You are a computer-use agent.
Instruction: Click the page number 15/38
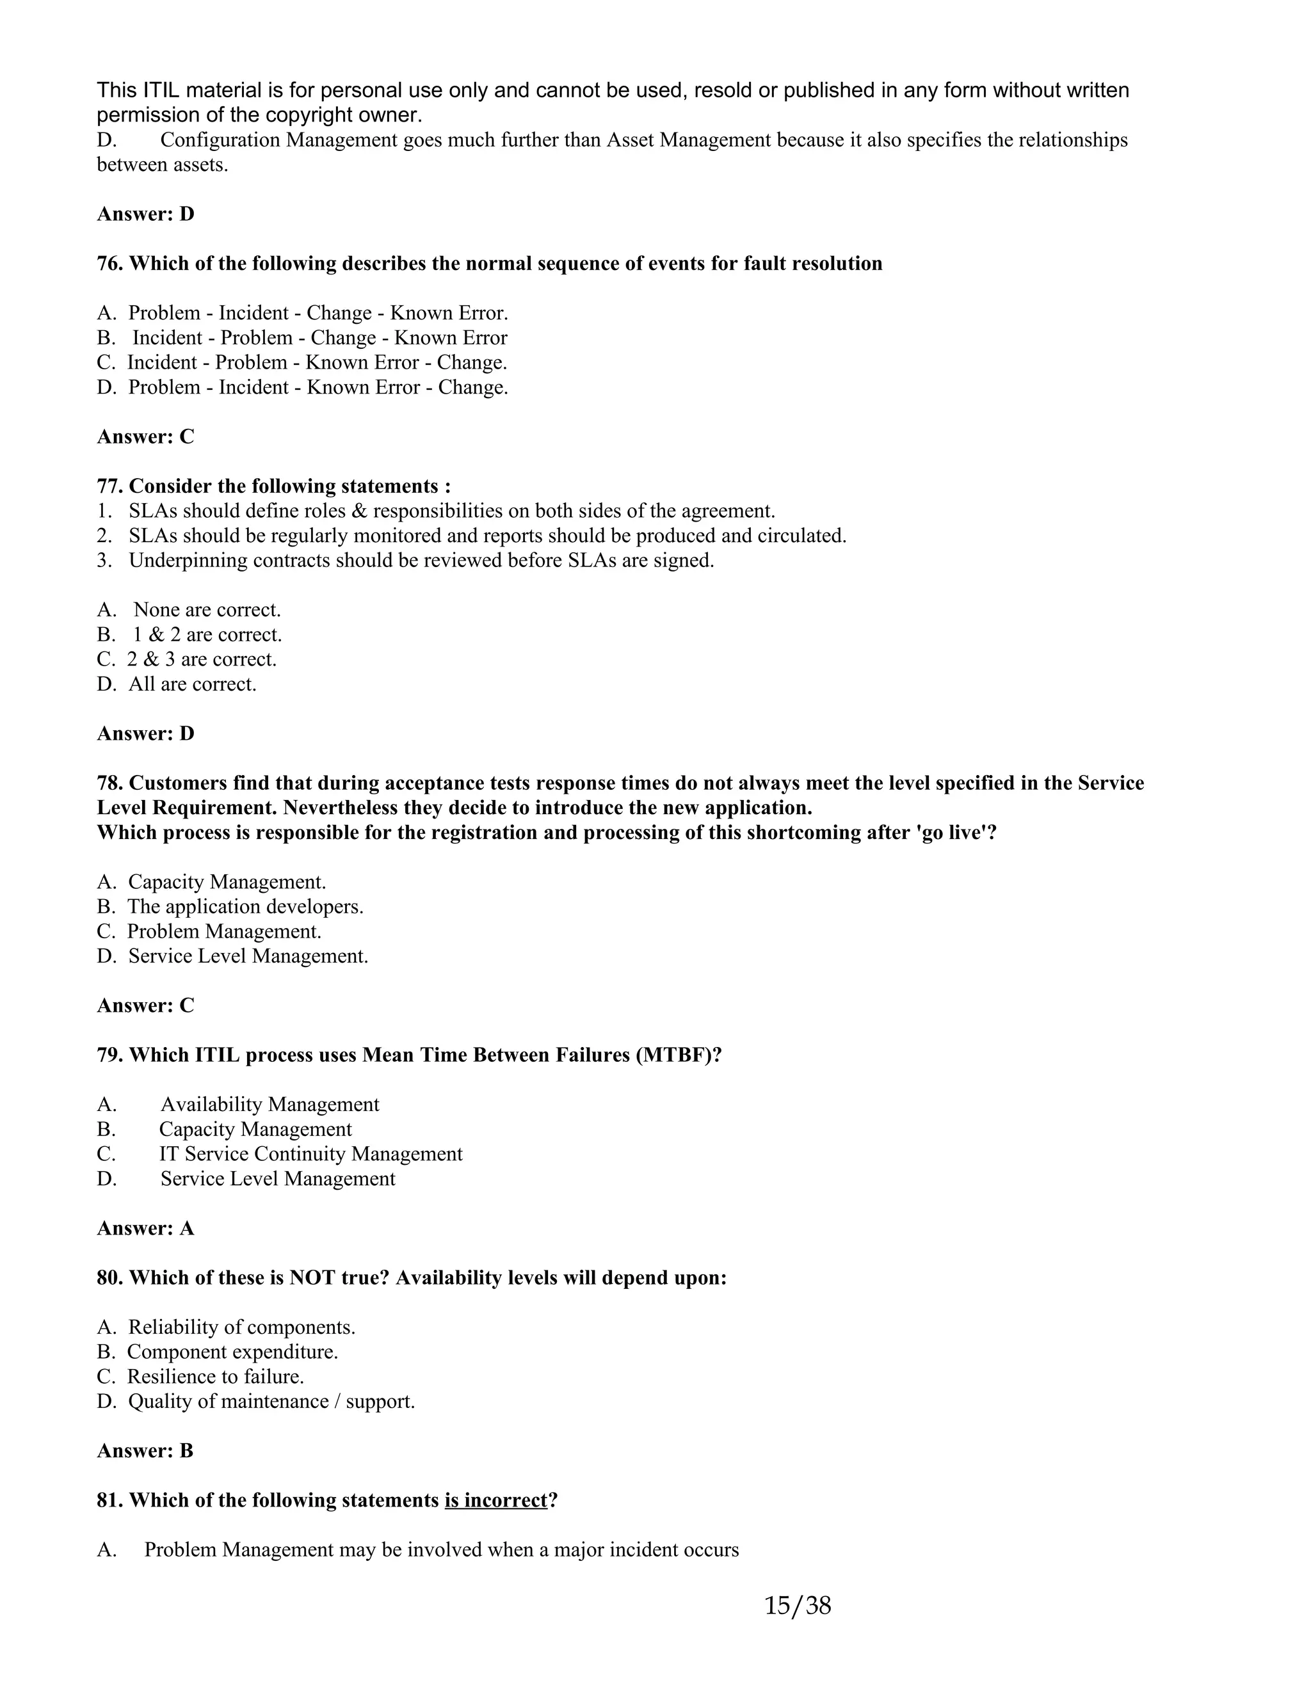point(798,1604)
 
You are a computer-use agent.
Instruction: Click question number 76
point(109,263)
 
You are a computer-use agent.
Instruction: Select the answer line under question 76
point(145,436)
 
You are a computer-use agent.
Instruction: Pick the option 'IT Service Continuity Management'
point(310,1154)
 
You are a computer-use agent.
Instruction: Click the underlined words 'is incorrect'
point(495,1500)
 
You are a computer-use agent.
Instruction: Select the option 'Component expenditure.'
point(232,1352)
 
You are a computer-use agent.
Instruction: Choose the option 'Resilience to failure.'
point(215,1377)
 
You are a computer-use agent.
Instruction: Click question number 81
point(109,1500)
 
